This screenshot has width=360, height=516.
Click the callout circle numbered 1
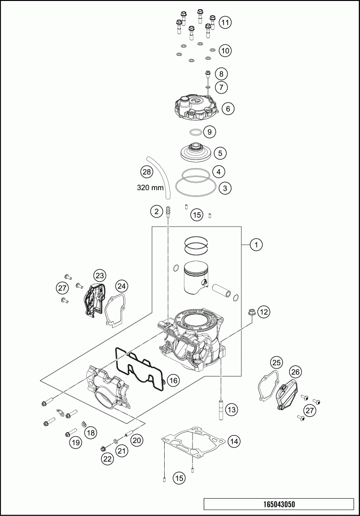pyautogui.click(x=257, y=245)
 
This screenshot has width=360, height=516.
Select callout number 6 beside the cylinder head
pyautogui.click(x=228, y=109)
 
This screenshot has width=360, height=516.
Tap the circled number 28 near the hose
pyautogui.click(x=146, y=172)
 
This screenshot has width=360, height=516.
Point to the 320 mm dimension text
pyautogui.click(x=150, y=188)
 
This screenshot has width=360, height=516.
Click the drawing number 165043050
pyautogui.click(x=279, y=504)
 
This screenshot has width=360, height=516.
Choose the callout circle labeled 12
pyautogui.click(x=264, y=312)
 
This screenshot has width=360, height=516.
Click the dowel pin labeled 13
pyautogui.click(x=221, y=410)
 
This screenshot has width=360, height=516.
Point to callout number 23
pyautogui.click(x=100, y=275)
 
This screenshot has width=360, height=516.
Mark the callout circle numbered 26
pyautogui.click(x=295, y=371)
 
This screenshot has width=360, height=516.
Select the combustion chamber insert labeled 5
pyautogui.click(x=196, y=152)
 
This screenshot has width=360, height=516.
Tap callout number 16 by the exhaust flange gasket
pyautogui.click(x=173, y=380)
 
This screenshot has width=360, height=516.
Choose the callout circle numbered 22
pyautogui.click(x=106, y=459)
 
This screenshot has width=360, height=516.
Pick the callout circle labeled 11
pyautogui.click(x=225, y=22)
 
